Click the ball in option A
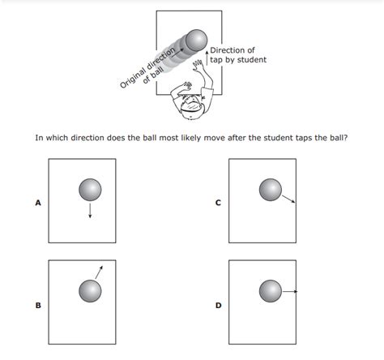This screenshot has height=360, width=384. click(90, 191)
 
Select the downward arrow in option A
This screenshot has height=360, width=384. click(90, 210)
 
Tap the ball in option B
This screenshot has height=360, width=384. click(90, 290)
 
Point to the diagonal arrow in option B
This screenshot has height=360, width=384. click(99, 272)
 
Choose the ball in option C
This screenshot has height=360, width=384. click(270, 191)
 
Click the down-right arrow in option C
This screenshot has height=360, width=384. click(288, 199)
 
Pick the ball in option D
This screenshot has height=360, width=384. click(270, 290)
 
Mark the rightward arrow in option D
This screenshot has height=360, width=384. click(290, 290)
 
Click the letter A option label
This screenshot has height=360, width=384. click(37, 203)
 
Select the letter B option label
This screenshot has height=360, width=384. click(37, 306)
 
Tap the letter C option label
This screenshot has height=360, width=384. click(217, 203)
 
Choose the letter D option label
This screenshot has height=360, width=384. click(217, 306)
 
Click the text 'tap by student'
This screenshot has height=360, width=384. click(237, 60)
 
